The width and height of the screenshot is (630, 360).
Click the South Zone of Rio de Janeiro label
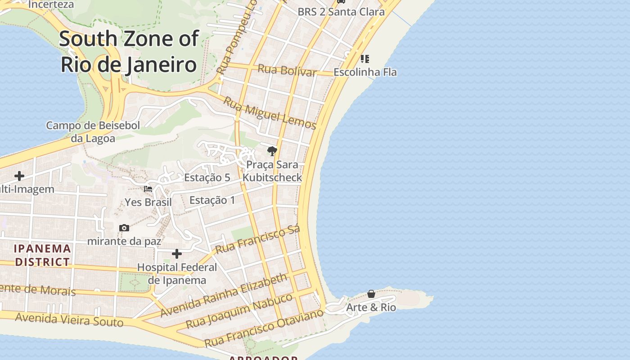[x=129, y=51]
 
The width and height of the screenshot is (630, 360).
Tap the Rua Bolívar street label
[x=287, y=71]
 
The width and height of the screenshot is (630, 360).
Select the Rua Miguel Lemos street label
[x=270, y=113]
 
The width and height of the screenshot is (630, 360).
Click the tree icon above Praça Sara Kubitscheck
[x=272, y=151]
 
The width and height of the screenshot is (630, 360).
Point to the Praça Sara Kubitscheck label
[x=272, y=171]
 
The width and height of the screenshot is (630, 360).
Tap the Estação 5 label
[x=207, y=177]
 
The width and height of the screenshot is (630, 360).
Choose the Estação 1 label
[x=212, y=200]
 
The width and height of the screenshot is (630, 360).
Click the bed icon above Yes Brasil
[x=148, y=189]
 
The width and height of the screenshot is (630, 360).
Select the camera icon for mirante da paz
[x=124, y=228]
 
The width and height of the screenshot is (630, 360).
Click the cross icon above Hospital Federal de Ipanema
[x=177, y=254]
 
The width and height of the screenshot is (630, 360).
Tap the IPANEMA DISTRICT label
[x=43, y=255]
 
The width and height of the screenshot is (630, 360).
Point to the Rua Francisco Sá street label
[x=257, y=240]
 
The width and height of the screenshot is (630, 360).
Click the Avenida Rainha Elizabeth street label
[x=224, y=295]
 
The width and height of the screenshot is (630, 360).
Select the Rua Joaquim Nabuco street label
[x=239, y=311]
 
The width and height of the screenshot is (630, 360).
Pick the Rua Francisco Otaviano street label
[x=264, y=328]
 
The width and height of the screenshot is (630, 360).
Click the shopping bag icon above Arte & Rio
[x=371, y=294]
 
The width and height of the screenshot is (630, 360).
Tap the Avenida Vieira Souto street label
[x=69, y=319]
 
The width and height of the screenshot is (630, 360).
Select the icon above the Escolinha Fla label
[x=365, y=58]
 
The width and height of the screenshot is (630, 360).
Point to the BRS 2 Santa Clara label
[x=341, y=12]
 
